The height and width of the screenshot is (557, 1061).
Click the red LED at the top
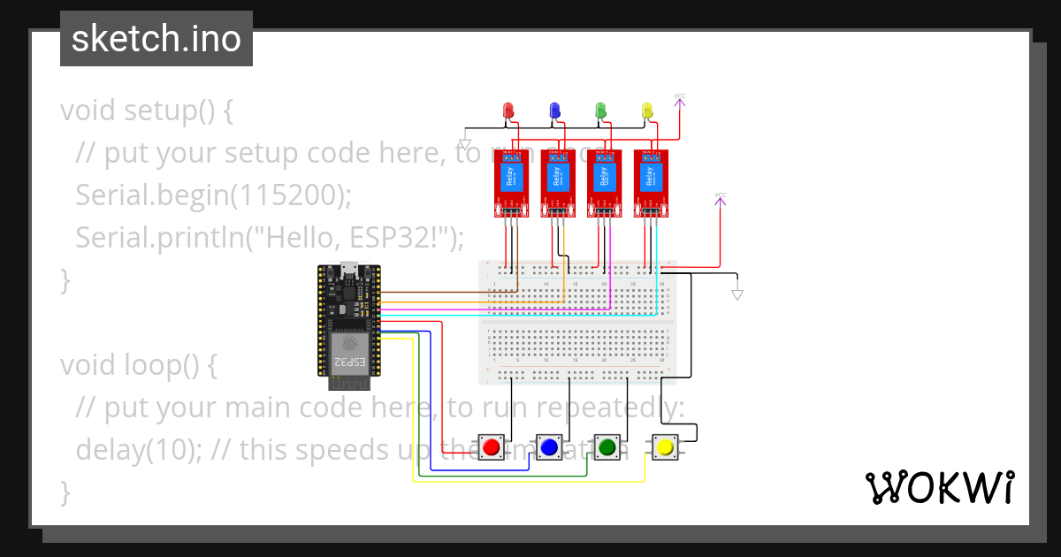508,110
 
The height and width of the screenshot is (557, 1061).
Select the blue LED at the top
554,110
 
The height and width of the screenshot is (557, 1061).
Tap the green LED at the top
600,110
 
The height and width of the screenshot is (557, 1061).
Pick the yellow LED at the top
646,110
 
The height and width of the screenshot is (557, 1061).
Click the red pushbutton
492,447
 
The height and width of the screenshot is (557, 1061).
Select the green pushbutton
607,447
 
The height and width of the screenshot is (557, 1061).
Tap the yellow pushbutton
664,447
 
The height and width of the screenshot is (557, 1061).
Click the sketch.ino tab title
156,39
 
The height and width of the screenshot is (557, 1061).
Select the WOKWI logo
939,487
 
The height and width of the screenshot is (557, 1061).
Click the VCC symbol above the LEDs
680,99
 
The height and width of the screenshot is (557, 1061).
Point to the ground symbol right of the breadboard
737,294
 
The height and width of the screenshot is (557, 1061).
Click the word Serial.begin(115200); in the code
213,195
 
